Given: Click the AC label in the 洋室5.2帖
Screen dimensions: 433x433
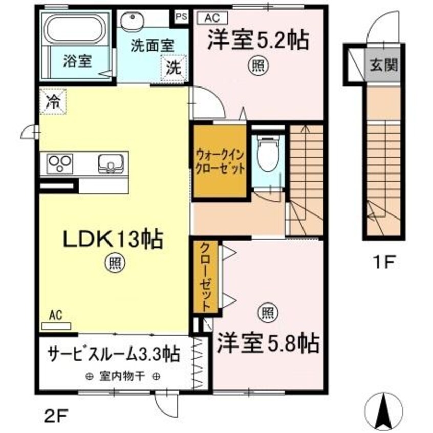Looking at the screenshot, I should pos(212,17).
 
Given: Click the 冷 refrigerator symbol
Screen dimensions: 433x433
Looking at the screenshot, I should pos(53,100).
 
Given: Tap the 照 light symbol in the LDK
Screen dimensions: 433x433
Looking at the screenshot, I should pos(114,263).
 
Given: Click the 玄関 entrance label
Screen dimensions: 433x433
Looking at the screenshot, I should pos(381,65).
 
